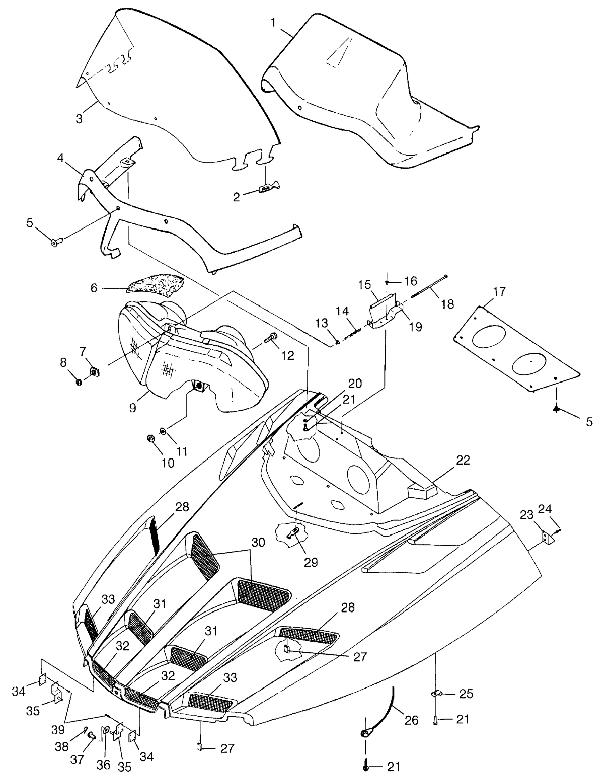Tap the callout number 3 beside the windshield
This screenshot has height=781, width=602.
(x=79, y=119)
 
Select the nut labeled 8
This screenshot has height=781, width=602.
(x=79, y=382)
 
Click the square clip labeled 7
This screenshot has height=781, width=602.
(x=94, y=372)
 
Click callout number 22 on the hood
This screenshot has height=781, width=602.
(x=463, y=460)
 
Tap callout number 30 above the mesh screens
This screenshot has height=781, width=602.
(x=258, y=543)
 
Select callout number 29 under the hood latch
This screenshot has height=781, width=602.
(x=310, y=562)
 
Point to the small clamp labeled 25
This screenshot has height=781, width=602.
(x=435, y=694)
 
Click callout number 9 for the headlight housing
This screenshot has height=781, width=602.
(x=132, y=407)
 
